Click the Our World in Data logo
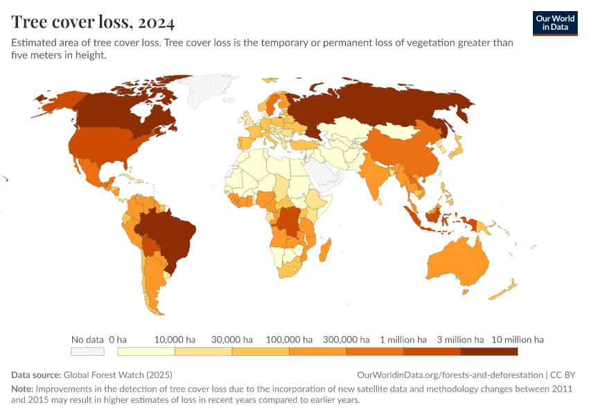pyautogui.click(x=554, y=23)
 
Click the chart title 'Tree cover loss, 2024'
pyautogui.click(x=93, y=22)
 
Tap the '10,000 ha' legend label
pyautogui.click(x=175, y=340)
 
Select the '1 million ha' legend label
pyautogui.click(x=403, y=340)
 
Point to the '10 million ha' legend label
pyautogui.click(x=518, y=340)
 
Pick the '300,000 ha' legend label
pyautogui.click(x=346, y=340)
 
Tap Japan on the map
pyautogui.click(x=457, y=146)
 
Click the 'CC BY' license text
pyautogui.click(x=562, y=374)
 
